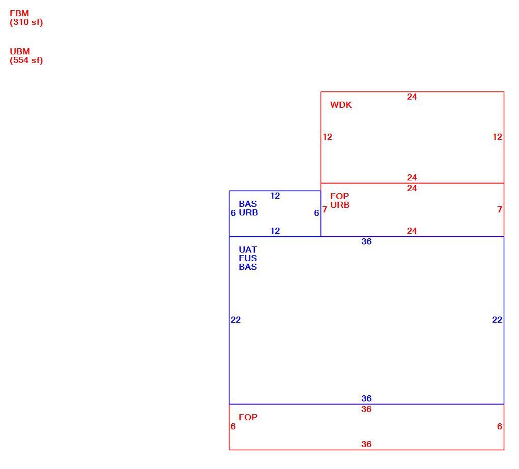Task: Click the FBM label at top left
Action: [19, 13]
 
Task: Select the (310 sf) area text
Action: [26, 22]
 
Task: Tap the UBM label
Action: [20, 51]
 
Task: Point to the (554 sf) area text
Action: [26, 60]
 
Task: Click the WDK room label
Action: [341, 105]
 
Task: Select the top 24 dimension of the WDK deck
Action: [412, 97]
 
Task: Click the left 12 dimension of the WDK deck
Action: [327, 137]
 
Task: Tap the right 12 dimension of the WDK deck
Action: [497, 137]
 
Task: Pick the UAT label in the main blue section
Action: [248, 249]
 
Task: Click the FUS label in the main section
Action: [248, 258]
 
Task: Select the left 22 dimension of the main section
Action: [236, 320]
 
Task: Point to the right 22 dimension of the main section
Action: [497, 320]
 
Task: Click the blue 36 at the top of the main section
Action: [366, 241]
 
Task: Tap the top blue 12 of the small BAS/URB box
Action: [275, 196]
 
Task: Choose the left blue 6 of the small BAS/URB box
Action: [233, 213]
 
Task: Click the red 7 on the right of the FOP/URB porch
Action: [500, 209]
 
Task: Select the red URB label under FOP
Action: [340, 205]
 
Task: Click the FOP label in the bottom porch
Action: [248, 417]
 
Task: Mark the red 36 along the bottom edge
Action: [366, 444]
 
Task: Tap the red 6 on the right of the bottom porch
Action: [500, 426]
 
